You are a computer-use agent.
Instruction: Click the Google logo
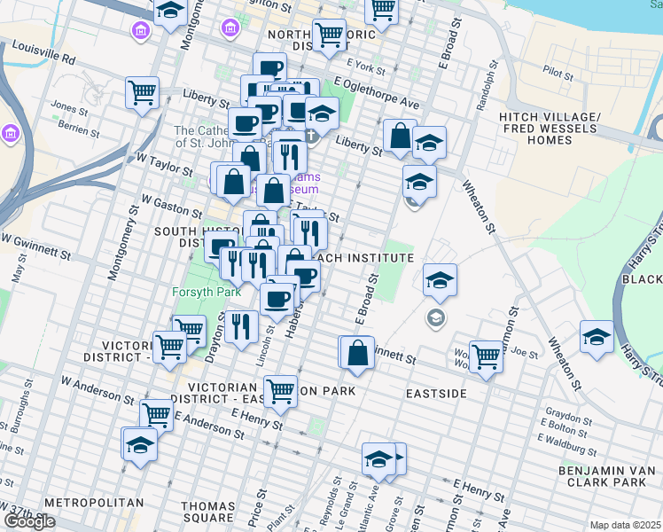[x=29, y=521]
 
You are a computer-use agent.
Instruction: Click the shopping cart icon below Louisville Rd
[x=142, y=92]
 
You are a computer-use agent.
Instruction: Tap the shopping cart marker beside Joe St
[x=486, y=356]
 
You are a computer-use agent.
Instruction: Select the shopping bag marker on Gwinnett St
[x=357, y=352]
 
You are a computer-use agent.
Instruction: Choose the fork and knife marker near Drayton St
[x=240, y=326]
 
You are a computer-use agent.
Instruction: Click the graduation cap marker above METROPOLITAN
[x=140, y=444]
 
